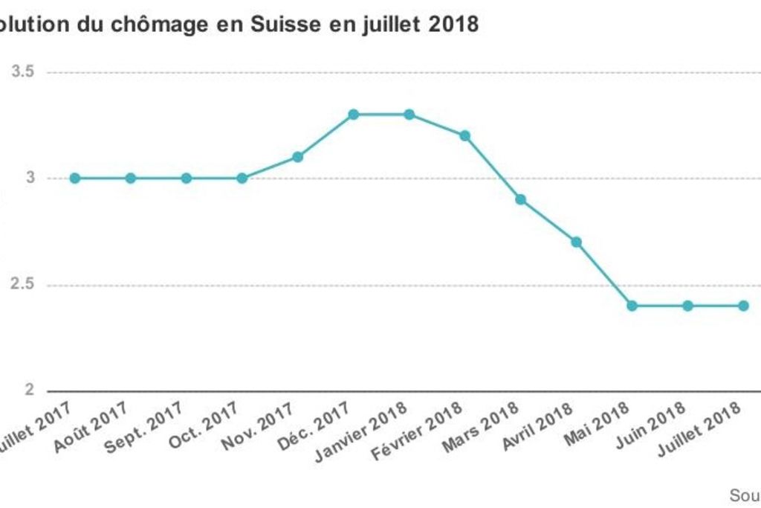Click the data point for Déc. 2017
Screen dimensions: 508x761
click(x=354, y=115)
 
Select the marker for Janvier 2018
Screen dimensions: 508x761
click(x=409, y=115)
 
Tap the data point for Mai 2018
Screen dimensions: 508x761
click(x=632, y=306)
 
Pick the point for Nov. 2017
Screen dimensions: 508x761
click(x=298, y=157)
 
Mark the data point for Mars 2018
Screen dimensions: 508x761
click(x=521, y=199)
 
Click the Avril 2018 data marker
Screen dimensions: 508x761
click(x=577, y=242)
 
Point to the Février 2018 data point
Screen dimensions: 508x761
click(x=465, y=136)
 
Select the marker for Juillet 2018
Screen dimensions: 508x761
click(x=743, y=306)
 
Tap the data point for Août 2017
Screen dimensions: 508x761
click(x=131, y=179)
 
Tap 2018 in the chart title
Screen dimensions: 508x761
click(x=453, y=25)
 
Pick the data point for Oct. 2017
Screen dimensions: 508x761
click(x=242, y=179)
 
